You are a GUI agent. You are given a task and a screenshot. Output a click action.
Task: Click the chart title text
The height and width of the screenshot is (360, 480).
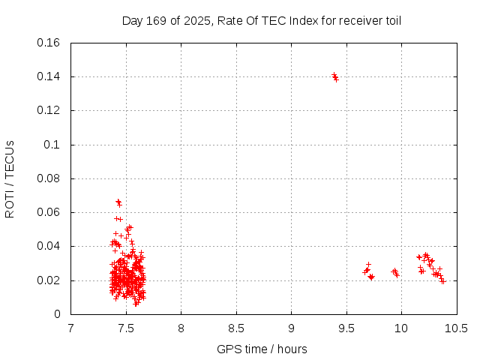point(262,20)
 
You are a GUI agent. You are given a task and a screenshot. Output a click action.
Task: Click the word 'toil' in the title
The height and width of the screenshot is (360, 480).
point(392,20)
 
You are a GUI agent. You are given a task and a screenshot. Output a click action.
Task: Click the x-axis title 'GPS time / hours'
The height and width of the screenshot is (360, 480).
point(262,349)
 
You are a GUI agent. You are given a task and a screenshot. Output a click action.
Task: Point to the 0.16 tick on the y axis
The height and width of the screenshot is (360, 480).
point(49,43)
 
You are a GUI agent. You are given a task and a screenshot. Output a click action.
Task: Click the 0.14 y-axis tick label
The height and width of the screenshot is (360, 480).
point(49,76)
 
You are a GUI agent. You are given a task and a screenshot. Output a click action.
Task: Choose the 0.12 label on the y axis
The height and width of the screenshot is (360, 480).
point(49,110)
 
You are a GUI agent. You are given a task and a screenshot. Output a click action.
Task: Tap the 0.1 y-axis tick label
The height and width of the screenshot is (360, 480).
point(52,145)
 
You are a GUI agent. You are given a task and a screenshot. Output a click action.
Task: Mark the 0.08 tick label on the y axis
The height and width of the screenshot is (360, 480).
point(49,178)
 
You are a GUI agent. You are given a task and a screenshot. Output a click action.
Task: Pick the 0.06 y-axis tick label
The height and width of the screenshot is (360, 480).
point(49,212)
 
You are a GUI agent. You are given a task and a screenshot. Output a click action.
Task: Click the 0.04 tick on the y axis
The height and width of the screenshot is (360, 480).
point(49,246)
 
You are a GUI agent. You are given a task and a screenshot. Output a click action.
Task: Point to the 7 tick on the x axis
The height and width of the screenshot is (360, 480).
point(70,328)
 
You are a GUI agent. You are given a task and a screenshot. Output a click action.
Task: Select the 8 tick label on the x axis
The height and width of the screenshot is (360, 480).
point(181,328)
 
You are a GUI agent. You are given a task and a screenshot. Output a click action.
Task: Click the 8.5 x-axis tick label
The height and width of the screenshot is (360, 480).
point(236,328)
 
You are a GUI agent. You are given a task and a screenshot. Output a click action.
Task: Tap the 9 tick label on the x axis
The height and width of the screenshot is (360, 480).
point(291,328)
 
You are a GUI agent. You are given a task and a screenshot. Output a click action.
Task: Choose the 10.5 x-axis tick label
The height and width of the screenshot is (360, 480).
point(457,328)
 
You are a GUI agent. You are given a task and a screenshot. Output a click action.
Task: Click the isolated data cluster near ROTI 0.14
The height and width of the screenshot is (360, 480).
point(335,76)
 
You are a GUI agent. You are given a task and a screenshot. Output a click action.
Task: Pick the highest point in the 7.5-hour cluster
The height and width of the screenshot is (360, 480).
point(118,201)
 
